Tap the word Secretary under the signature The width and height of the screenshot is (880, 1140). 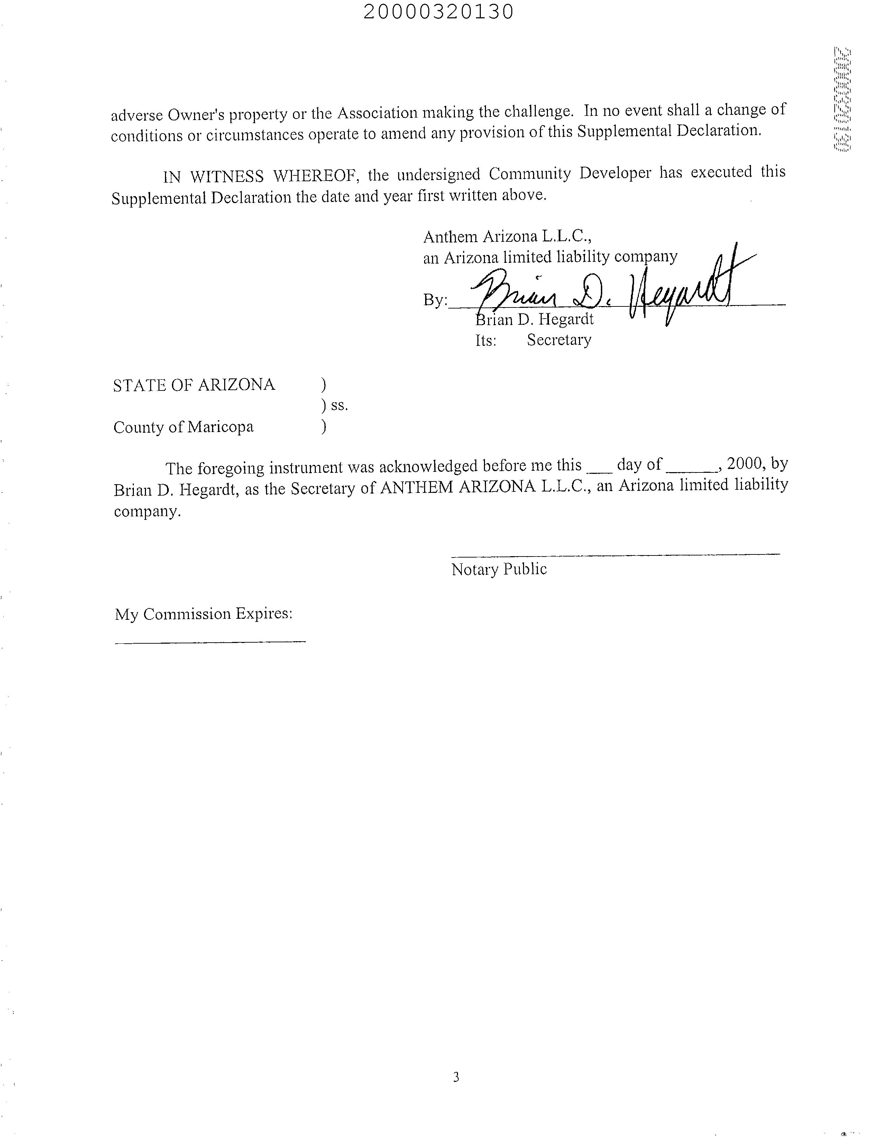coord(559,340)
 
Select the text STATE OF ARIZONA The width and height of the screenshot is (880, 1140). coord(194,385)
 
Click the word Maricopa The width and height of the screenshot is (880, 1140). coord(220,427)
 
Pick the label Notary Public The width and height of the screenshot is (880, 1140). coord(499,569)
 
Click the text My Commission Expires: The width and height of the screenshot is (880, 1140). coord(203,614)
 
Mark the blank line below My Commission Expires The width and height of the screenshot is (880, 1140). coord(210,642)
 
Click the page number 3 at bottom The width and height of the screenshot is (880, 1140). coord(456,1077)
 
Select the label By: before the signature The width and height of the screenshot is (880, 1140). coord(435,300)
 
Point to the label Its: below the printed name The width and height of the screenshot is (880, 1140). coord(485,341)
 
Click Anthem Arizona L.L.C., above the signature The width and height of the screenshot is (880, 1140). coord(507,237)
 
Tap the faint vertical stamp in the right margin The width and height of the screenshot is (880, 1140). coord(842,99)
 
